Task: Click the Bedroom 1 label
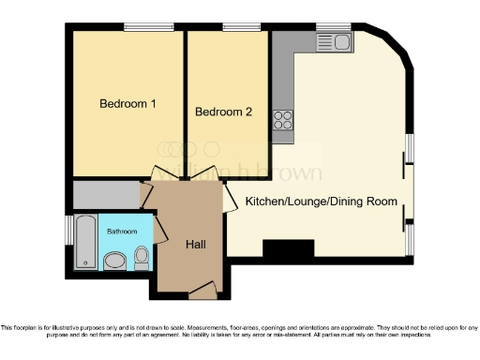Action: click(x=128, y=104)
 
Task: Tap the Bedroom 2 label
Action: click(x=223, y=112)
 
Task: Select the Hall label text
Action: click(x=195, y=245)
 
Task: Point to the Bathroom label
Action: click(x=121, y=231)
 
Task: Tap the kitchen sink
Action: click(x=333, y=41)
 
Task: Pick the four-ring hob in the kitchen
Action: click(x=282, y=119)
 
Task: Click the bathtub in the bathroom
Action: click(x=83, y=242)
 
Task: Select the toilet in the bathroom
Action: click(x=142, y=256)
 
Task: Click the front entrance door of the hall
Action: click(x=202, y=293)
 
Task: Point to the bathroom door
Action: click(x=159, y=228)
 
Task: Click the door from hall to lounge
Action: click(x=230, y=200)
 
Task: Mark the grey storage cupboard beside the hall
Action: click(x=106, y=195)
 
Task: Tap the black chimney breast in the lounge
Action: click(x=288, y=249)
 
